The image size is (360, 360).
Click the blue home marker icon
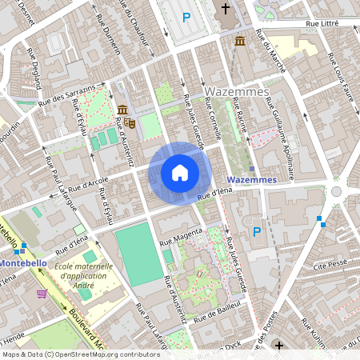tap(180, 172)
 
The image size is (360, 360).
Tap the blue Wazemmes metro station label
tap(251, 180)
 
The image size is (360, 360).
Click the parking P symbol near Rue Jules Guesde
tap(256, 232)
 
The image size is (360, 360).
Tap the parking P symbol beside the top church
tap(186, 17)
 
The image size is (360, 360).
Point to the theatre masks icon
tap(129, 122)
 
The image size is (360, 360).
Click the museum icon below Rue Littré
tap(240, 41)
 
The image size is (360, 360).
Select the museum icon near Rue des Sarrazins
tap(122, 110)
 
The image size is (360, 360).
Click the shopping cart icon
tap(41, 294)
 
